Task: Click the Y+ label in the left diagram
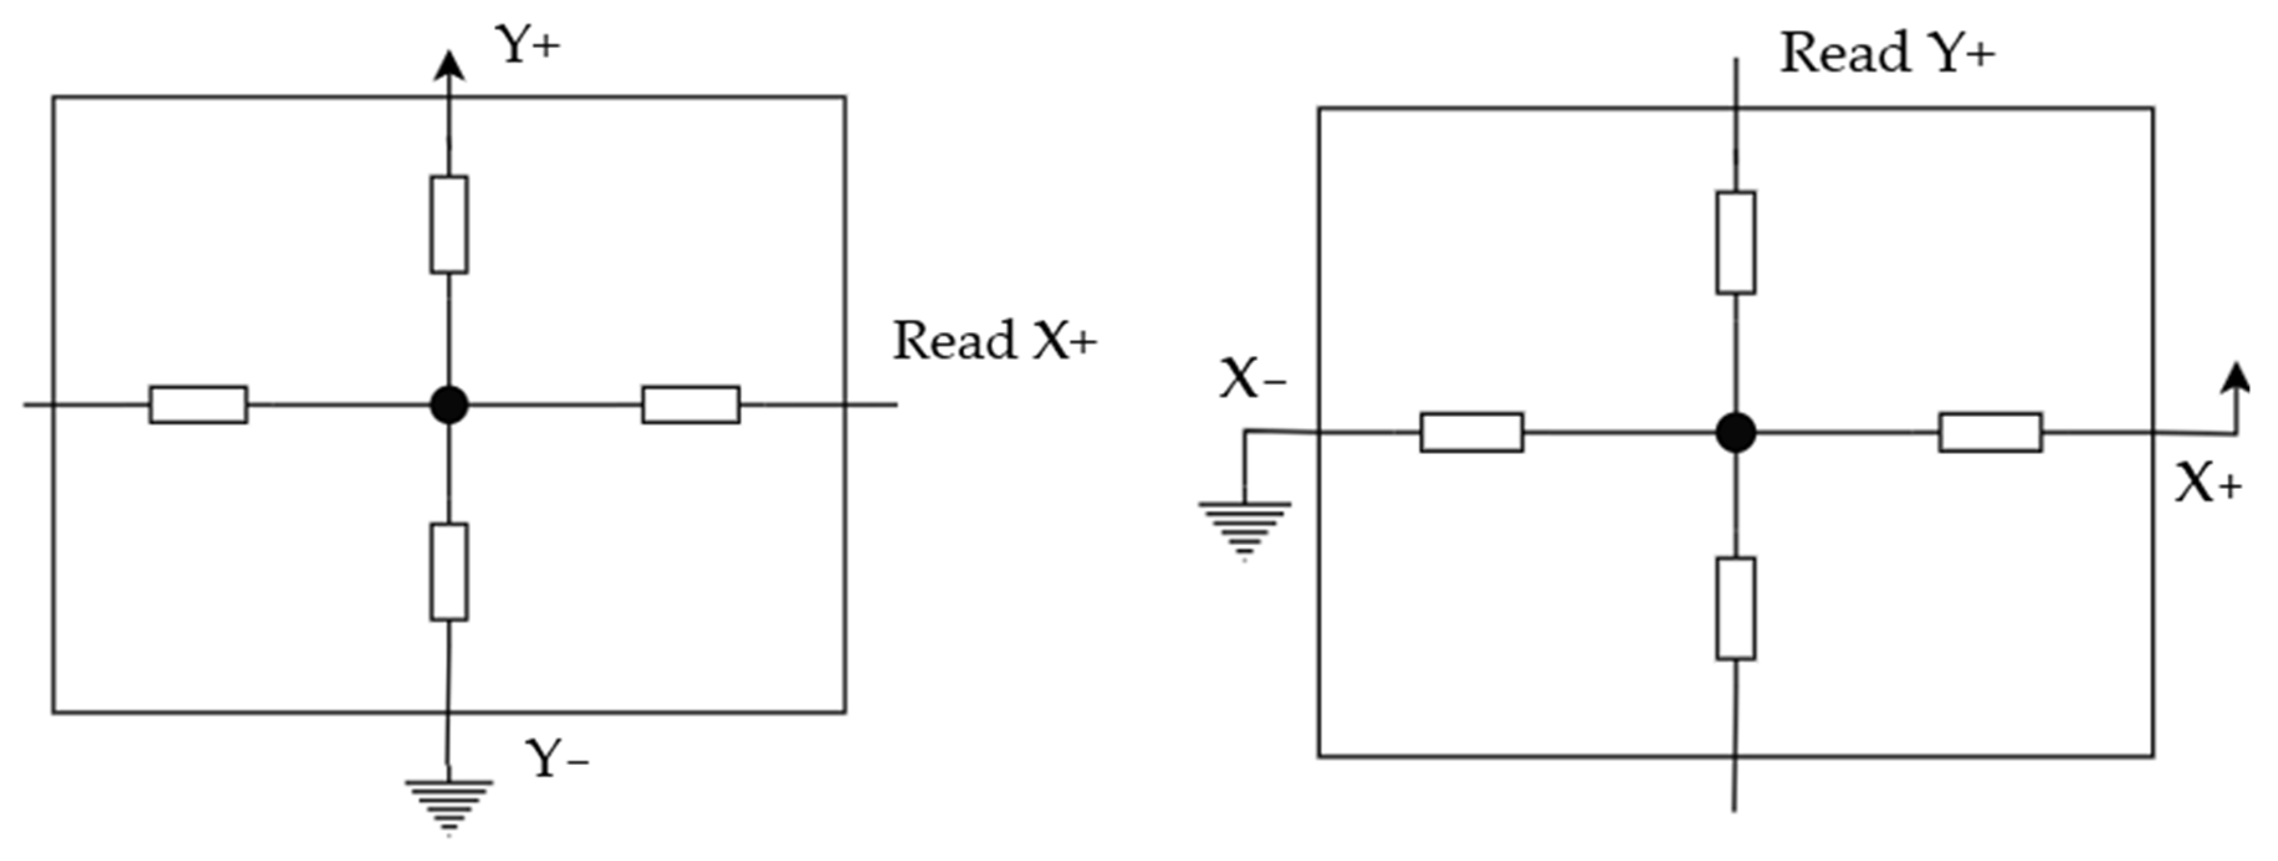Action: [x=528, y=44]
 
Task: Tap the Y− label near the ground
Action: [x=557, y=758]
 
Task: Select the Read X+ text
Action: [x=995, y=341]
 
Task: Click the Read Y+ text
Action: [x=1887, y=53]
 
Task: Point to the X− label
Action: [x=1252, y=380]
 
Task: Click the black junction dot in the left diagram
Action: [x=449, y=405]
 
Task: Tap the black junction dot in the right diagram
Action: [x=1736, y=433]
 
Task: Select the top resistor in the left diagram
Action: [x=449, y=224]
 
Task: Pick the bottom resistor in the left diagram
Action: [x=449, y=572]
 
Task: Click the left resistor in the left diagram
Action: [x=199, y=405]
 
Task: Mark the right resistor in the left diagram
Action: [x=690, y=405]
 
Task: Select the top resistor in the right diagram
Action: [x=1736, y=242]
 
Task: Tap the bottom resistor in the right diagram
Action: [x=1736, y=608]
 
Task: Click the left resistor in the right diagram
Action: [x=1471, y=433]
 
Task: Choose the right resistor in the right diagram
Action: [x=1990, y=433]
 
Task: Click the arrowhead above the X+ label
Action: [x=2236, y=378]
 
